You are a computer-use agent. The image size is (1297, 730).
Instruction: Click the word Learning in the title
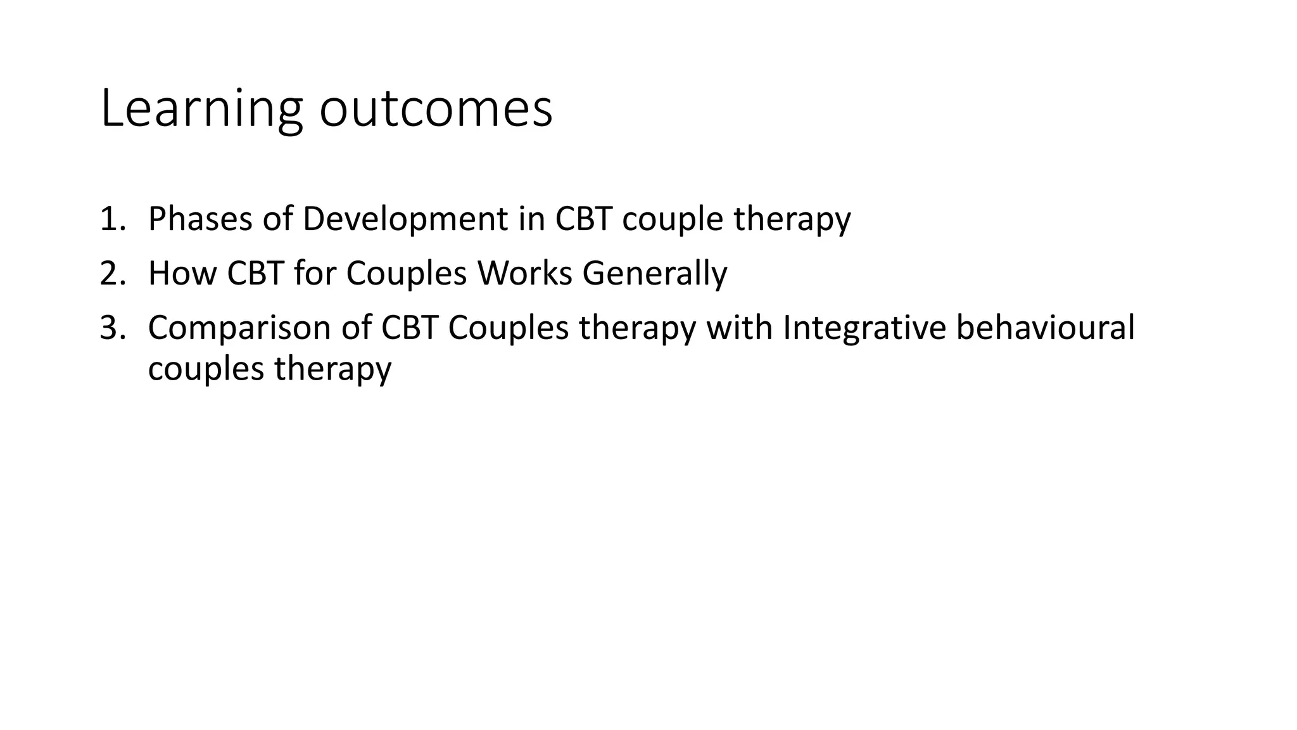[201, 109]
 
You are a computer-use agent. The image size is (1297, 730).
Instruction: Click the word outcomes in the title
[436, 109]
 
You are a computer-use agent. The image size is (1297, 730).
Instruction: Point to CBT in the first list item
[583, 219]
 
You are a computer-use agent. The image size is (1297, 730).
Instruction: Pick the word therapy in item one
[792, 219]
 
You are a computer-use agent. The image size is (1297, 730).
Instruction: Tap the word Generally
[655, 273]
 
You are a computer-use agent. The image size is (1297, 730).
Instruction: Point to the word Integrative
[864, 328]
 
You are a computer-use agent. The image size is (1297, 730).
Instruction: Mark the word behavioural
[1046, 328]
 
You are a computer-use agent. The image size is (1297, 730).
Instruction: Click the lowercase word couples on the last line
[206, 368]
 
